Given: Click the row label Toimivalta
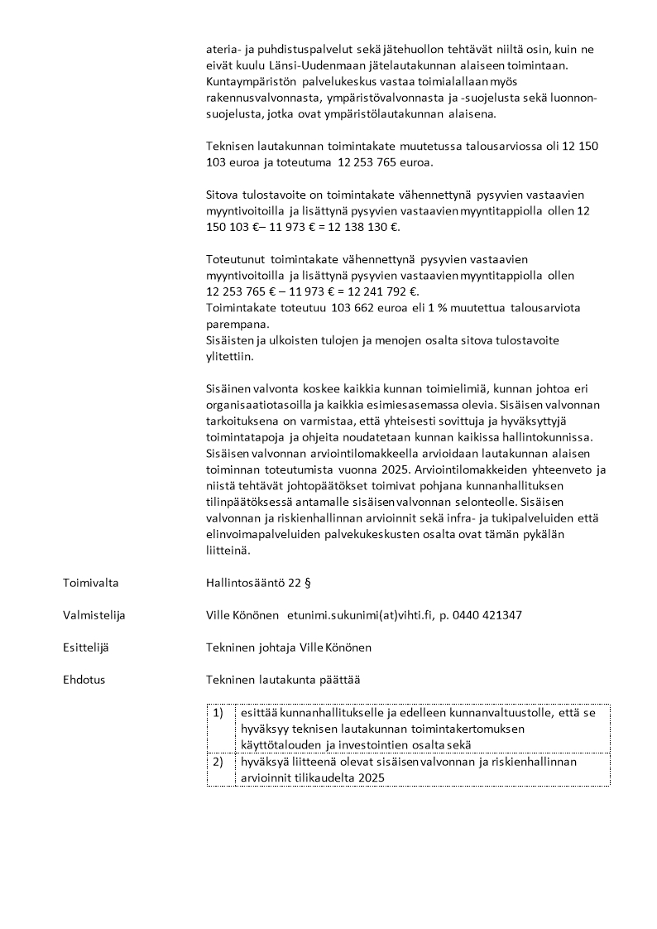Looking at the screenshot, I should coord(90,583).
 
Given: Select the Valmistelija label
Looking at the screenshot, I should coord(94,615).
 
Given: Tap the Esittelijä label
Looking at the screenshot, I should coord(89,647).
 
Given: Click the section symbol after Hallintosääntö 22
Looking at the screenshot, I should coord(307,583).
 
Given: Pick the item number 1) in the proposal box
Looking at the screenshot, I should coord(218,712).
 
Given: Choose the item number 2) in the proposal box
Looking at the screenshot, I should coord(218,761).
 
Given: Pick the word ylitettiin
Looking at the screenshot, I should coord(231,357).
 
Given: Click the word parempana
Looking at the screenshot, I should coord(234,325).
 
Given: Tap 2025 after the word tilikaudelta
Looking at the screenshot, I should coord(371,777).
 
